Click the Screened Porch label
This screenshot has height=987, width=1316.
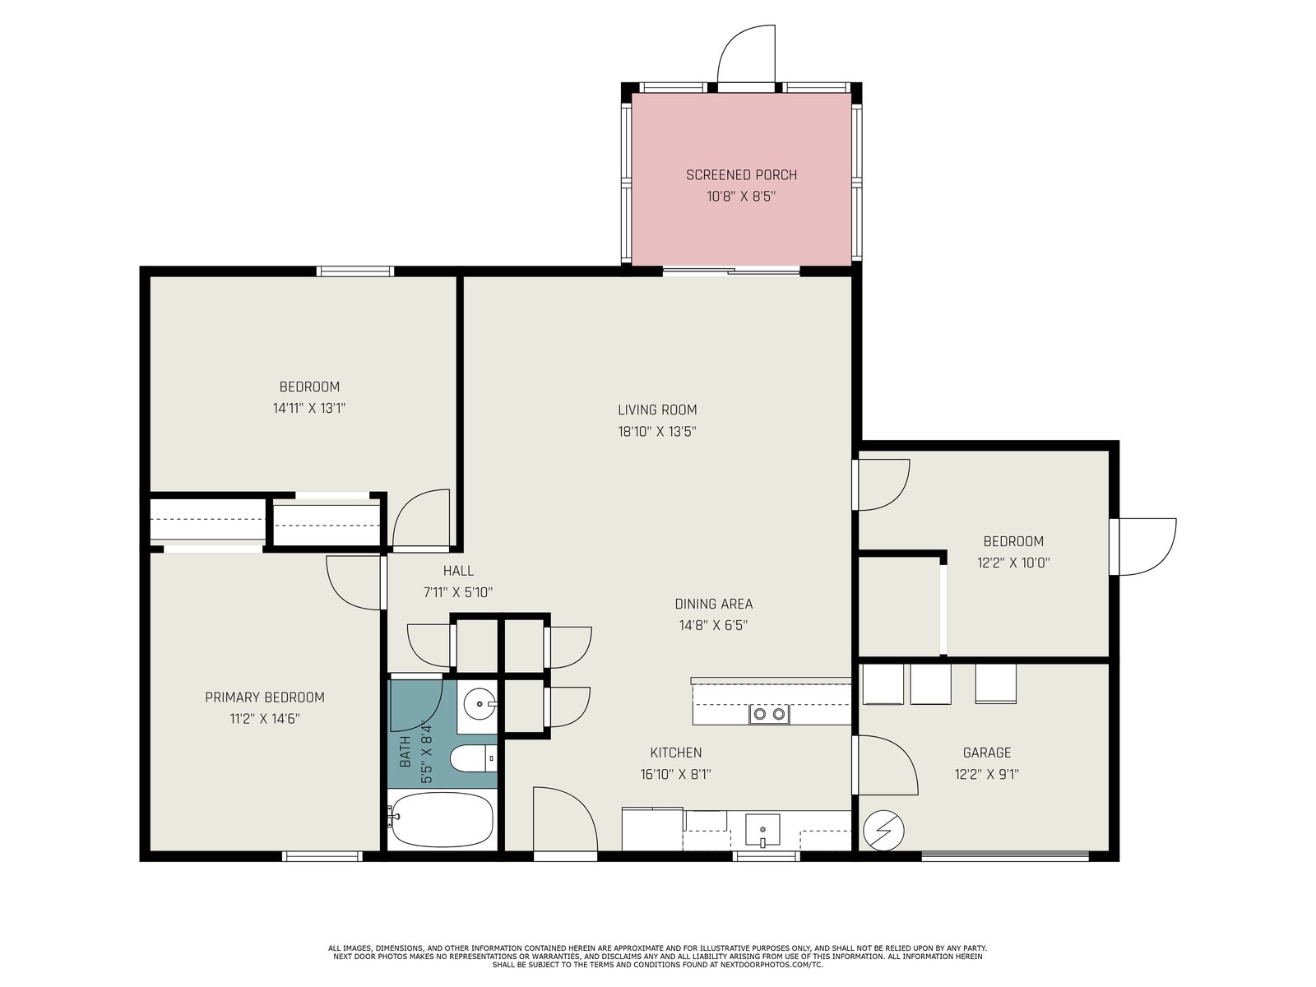click(x=741, y=175)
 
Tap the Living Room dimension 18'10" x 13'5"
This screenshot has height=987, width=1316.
click(x=657, y=432)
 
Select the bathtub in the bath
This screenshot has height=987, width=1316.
click(x=442, y=819)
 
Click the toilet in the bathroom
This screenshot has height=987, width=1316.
click(x=474, y=758)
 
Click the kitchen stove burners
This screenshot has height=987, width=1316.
click(x=769, y=714)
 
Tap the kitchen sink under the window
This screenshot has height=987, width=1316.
click(x=762, y=830)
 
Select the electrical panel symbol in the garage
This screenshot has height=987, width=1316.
click(x=883, y=831)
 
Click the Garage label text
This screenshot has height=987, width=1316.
click(x=987, y=752)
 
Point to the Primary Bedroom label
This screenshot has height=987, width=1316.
click(x=264, y=697)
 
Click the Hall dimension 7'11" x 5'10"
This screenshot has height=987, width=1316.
click(x=458, y=593)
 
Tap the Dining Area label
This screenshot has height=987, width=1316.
click(x=713, y=604)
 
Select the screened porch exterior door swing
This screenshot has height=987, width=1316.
click(x=747, y=55)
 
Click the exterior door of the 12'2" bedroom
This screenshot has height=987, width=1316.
click(x=1142, y=546)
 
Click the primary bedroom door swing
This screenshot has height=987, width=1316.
click(x=354, y=583)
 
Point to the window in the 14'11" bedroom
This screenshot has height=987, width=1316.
click(x=355, y=271)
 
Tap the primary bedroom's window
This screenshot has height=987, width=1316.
click(x=322, y=856)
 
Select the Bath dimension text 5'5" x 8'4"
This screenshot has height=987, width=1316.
click(x=426, y=752)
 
